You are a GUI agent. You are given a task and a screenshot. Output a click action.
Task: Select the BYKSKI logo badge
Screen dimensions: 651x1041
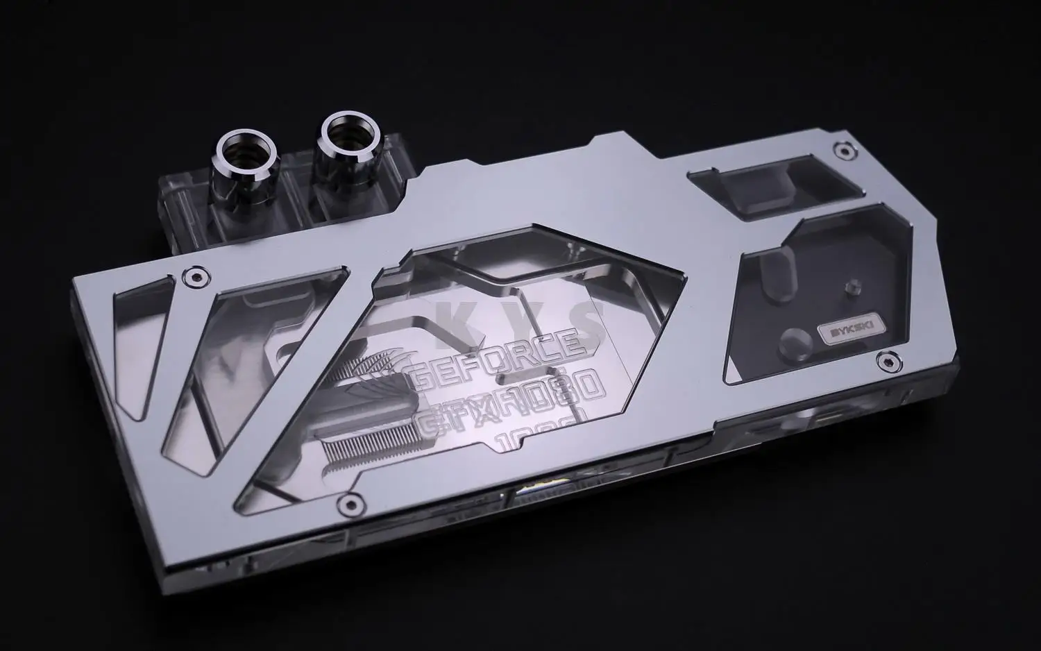coord(840,330)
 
